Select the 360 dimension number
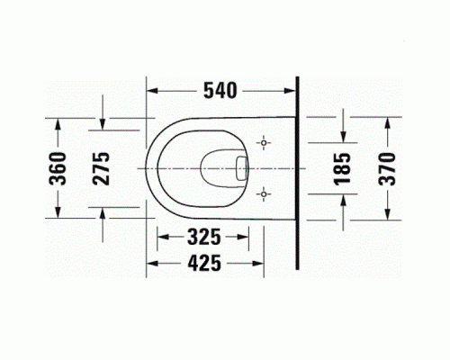57,167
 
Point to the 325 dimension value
204,239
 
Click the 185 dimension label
341,167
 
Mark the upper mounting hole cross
264,143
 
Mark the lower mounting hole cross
264,192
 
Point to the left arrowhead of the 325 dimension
162,239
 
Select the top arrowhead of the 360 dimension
57,121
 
